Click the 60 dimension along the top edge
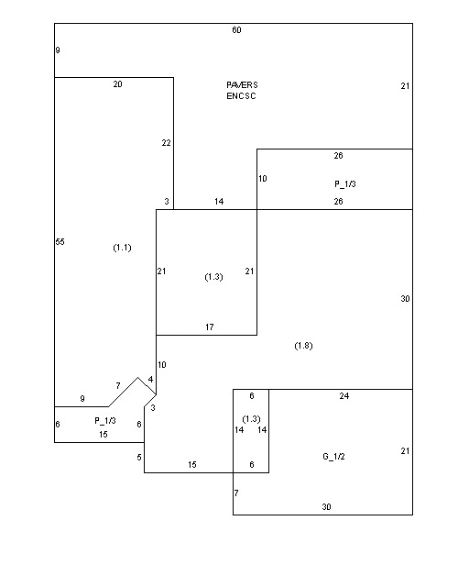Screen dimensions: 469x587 (x=236, y=30)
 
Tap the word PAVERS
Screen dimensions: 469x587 (x=242, y=85)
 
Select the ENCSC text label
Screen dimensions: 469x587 (x=241, y=95)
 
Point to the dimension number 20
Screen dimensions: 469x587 (x=117, y=84)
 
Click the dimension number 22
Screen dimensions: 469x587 (x=166, y=143)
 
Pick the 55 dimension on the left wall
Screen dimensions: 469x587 (x=60, y=242)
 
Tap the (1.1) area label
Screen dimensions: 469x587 (x=122, y=248)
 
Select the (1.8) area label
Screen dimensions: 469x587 (x=303, y=346)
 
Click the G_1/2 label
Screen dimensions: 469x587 (x=333, y=457)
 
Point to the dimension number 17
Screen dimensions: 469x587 (x=210, y=327)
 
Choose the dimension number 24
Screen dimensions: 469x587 (x=344, y=395)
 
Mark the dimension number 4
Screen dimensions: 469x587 (x=150, y=380)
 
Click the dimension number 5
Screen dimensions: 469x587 (x=139, y=457)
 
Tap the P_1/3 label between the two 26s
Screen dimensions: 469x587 (x=344, y=184)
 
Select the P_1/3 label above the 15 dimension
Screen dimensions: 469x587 (x=105, y=421)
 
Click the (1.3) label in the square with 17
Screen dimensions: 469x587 (x=213, y=277)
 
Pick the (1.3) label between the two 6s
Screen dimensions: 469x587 (x=251, y=419)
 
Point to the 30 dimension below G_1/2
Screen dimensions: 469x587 (x=326, y=507)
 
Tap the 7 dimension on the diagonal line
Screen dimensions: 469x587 (x=118, y=385)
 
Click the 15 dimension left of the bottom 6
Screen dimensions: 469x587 (x=191, y=465)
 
